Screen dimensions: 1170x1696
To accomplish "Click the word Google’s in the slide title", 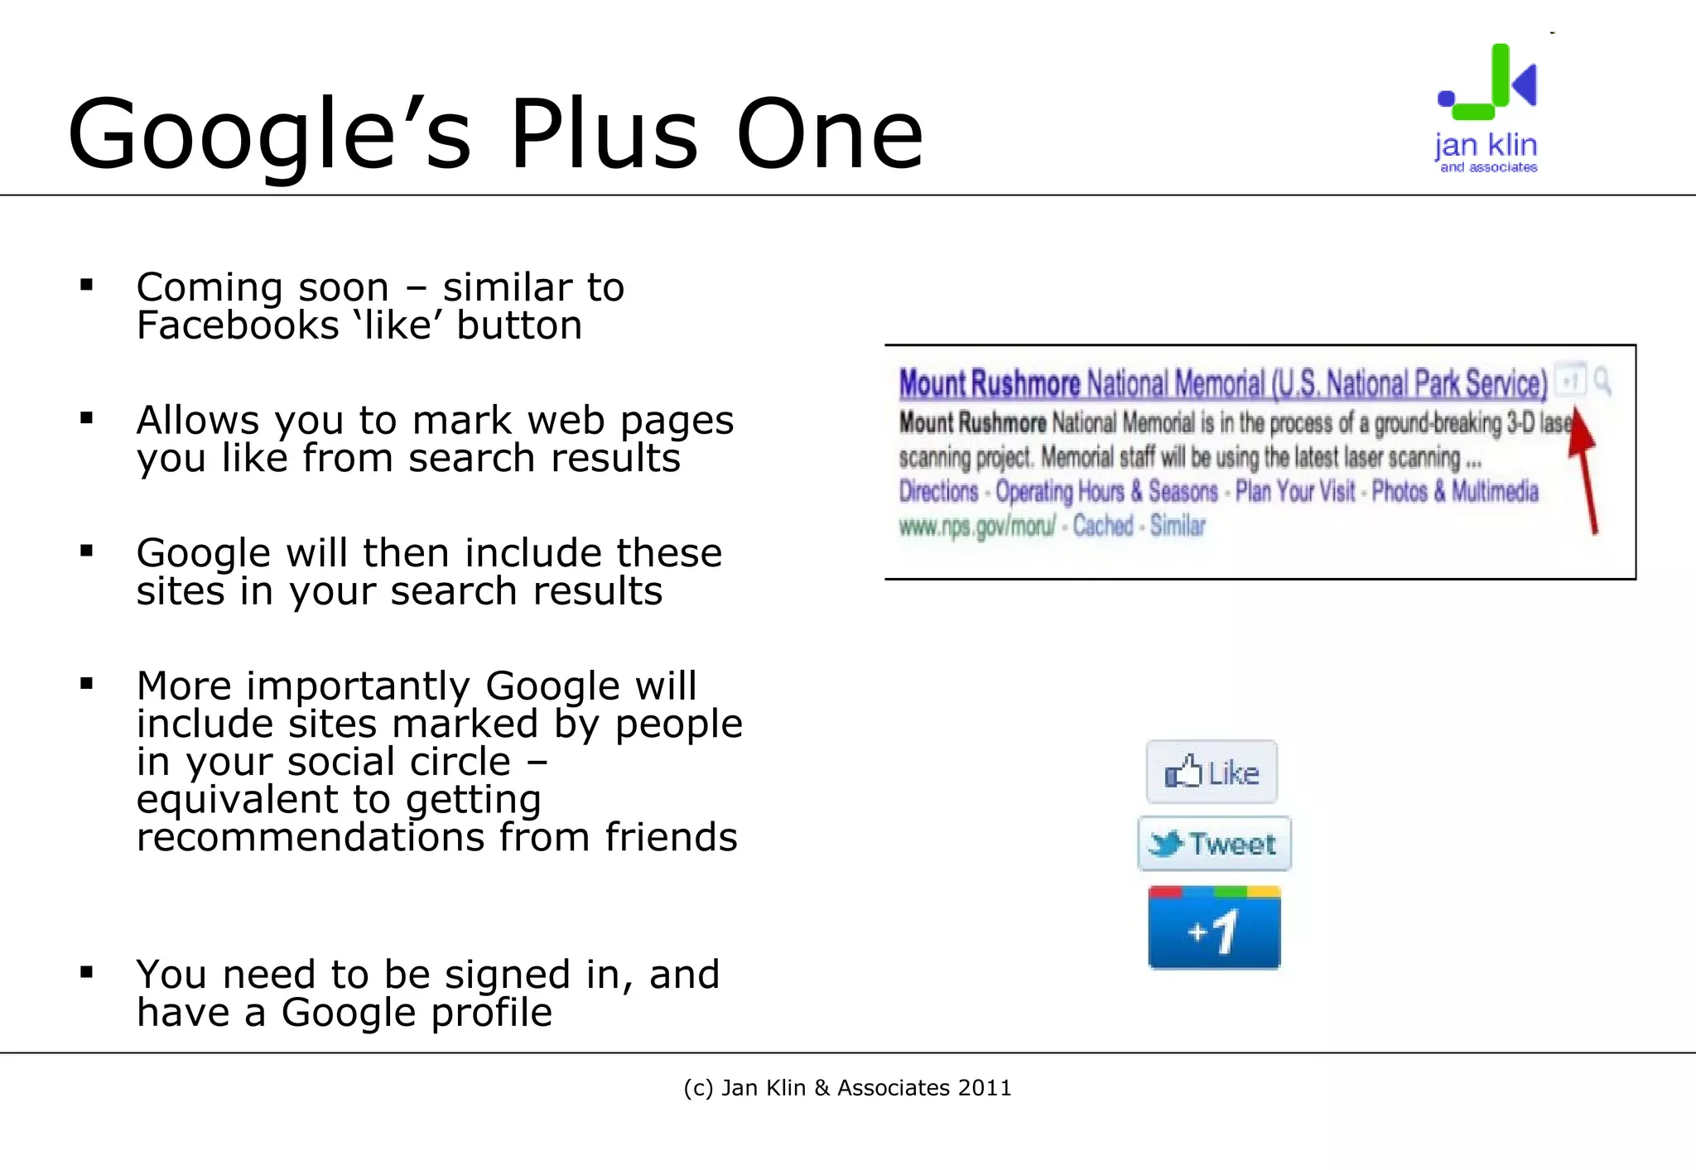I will click(269, 134).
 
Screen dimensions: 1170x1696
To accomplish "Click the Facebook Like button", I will click(1212, 773).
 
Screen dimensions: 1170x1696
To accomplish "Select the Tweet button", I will click(1214, 844).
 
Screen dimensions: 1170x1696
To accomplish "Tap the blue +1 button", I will click(1214, 928).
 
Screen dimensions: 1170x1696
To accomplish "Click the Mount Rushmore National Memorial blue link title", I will click(1222, 384).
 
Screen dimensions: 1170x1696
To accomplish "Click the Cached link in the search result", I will click(1102, 526).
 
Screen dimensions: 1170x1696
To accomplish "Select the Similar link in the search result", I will click(1178, 526).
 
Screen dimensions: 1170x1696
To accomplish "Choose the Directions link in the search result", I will click(938, 492).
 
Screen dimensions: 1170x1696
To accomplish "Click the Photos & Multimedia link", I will click(1455, 492).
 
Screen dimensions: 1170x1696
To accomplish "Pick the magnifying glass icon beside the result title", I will click(1602, 381).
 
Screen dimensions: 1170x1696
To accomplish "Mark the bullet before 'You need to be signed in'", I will click(86, 973).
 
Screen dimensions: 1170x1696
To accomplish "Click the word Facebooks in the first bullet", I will click(238, 325).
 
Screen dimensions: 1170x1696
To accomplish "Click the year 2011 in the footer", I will click(985, 1088).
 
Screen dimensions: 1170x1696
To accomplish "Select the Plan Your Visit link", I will click(1295, 492).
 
